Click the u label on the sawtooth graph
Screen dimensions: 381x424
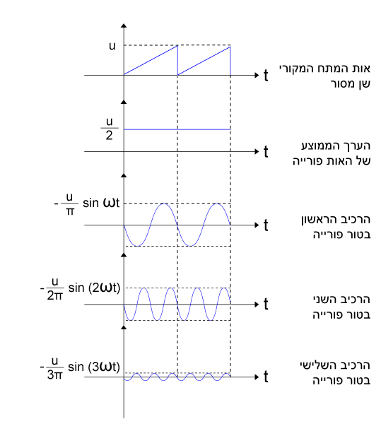tap(112, 46)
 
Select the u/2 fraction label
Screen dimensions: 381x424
tap(110, 129)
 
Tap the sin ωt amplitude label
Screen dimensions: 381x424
tap(87, 204)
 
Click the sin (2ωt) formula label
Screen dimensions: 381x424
tap(80, 289)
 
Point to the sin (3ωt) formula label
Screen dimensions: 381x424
tap(80, 368)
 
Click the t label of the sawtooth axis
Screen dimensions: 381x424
tap(266, 75)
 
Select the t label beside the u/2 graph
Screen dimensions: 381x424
tap(266, 151)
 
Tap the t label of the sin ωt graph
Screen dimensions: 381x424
tap(266, 225)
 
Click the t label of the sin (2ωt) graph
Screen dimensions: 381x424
tap(266, 304)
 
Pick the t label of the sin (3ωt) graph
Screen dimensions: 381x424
tap(266, 377)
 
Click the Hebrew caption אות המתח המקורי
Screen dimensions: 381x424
tap(324, 69)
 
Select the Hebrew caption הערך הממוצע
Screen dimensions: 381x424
tap(336, 146)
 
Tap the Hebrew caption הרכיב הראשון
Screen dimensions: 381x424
tap(336, 219)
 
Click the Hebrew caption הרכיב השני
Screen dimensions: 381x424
tap(341, 300)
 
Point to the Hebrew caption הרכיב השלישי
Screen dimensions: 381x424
tap(335, 365)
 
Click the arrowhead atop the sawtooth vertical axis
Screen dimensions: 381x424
tap(124, 25)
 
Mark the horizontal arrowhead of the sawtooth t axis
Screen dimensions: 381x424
tap(257, 75)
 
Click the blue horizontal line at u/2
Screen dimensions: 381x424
tap(177, 129)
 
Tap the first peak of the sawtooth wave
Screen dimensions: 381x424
tap(177, 45)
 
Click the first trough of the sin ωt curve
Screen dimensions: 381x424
tap(138, 246)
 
